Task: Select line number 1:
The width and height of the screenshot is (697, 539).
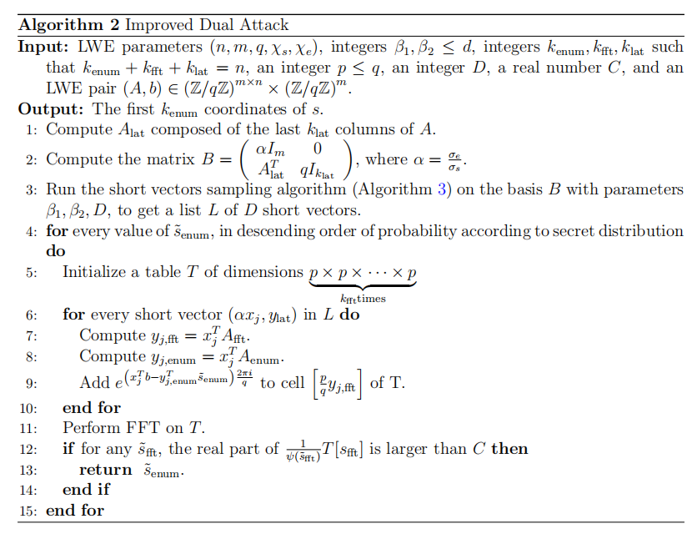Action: coord(29,129)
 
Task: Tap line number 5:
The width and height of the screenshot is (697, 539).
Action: coord(29,272)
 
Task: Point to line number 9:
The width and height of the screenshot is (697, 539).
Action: coord(29,383)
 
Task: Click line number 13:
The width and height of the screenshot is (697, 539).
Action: coord(29,470)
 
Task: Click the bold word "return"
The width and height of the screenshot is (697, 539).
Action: coord(106,470)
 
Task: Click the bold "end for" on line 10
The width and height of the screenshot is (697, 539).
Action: coord(92,407)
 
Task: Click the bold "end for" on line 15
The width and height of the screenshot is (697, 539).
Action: coord(75,511)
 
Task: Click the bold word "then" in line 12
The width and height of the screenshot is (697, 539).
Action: coord(509,449)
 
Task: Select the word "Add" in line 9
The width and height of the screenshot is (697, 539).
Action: coord(94,383)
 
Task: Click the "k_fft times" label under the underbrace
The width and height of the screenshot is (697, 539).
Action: coord(363,298)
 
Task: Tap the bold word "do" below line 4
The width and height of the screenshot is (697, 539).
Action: coord(55,249)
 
